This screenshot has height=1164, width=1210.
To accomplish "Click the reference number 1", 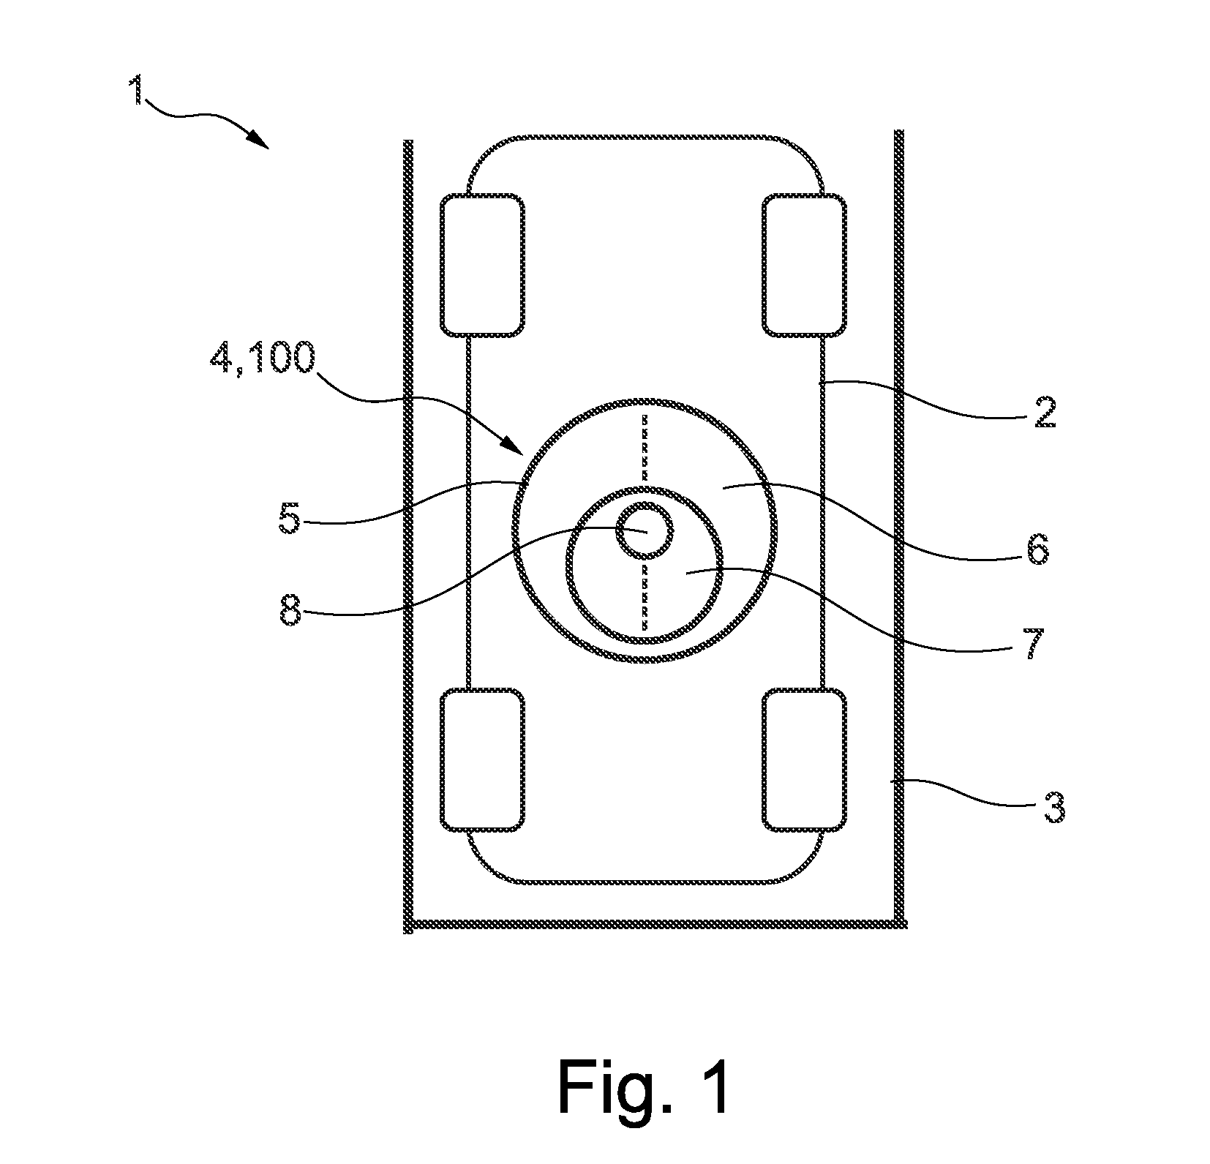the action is pos(136,91).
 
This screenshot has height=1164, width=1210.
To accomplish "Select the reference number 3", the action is pos(1052,806).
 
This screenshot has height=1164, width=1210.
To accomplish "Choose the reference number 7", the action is pos(1033,644).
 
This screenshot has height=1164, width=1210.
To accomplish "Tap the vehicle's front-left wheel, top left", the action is pos(482,265).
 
